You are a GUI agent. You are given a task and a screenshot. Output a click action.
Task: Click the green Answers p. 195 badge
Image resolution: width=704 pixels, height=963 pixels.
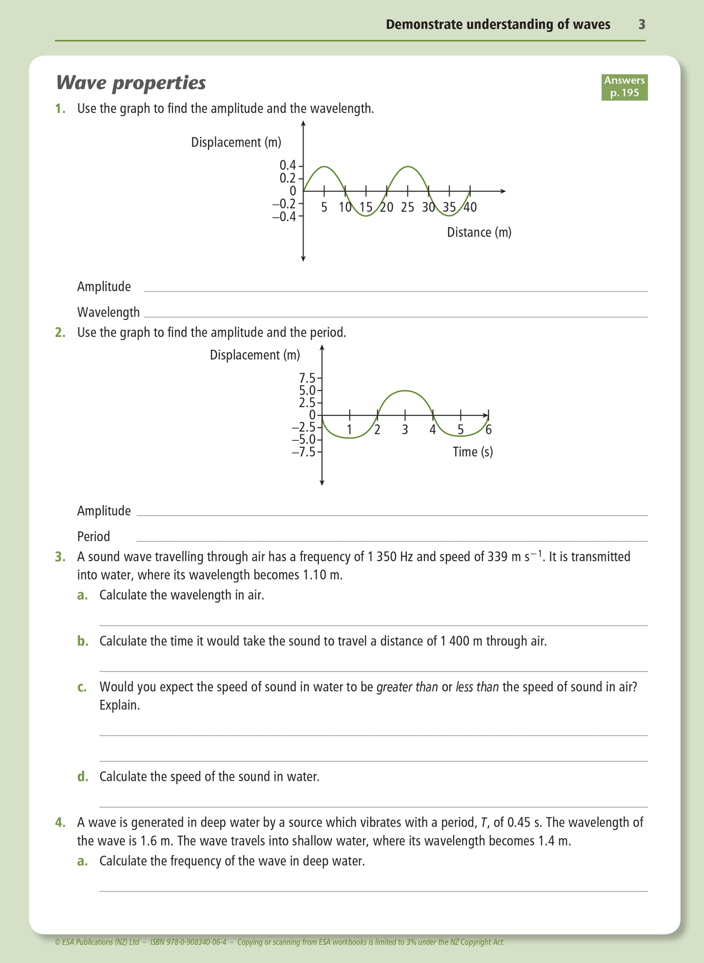624,87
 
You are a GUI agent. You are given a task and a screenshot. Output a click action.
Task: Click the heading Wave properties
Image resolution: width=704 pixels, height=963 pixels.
131,83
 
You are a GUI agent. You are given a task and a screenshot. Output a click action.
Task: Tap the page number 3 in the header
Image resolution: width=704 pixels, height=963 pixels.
642,24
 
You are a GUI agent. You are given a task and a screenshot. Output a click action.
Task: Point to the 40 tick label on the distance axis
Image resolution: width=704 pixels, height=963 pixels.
470,208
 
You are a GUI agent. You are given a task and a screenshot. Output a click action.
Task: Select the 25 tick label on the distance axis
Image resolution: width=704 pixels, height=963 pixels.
407,208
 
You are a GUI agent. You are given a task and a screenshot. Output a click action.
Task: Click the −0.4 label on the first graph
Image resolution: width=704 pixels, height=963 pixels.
284,216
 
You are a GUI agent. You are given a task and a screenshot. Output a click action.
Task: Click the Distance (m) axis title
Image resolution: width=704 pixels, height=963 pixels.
479,232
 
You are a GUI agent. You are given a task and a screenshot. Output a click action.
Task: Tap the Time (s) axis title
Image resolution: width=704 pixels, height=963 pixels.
473,452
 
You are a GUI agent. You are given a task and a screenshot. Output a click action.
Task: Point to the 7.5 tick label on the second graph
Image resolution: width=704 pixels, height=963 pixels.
307,378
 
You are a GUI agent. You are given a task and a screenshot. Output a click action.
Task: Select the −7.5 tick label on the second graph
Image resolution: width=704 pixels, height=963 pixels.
304,452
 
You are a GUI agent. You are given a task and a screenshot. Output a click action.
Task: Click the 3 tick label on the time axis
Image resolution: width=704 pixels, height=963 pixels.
405,430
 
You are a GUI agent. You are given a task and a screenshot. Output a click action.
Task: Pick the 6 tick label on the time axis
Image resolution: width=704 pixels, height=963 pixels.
488,430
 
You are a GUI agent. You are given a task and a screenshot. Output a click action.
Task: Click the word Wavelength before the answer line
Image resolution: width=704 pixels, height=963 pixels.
108,312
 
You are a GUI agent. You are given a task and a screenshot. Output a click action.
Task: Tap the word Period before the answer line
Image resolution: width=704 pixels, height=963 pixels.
94,536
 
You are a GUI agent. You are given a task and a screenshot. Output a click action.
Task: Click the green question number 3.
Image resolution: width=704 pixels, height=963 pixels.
60,557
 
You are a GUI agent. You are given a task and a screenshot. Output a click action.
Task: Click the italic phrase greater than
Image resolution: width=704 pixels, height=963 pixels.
407,687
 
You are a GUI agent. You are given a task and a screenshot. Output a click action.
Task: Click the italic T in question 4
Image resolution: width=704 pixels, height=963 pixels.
484,823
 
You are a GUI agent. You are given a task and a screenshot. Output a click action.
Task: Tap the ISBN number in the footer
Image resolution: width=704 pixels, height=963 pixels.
188,942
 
